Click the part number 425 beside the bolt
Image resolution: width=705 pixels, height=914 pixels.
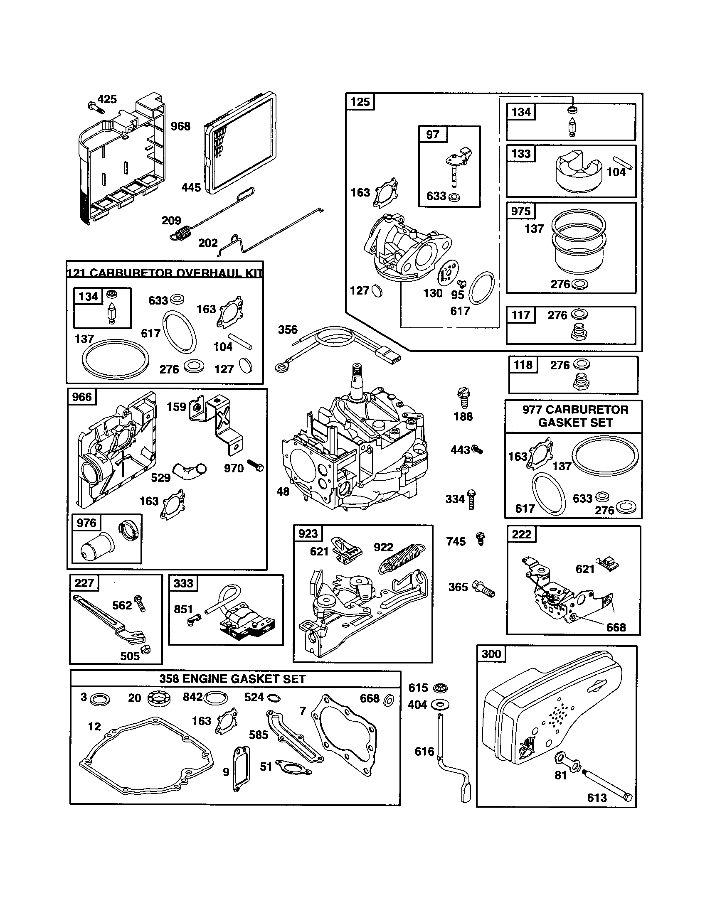point(107,99)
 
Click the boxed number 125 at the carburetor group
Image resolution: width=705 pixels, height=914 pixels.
point(360,102)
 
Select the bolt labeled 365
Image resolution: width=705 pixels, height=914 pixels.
point(483,588)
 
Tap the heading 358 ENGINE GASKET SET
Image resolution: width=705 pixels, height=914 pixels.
point(232,679)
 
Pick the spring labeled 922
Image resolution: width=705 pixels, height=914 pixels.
point(402,559)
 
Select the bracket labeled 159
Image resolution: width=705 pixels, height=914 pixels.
point(218,423)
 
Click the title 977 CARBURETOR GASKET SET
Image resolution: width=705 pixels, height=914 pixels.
point(575,416)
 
